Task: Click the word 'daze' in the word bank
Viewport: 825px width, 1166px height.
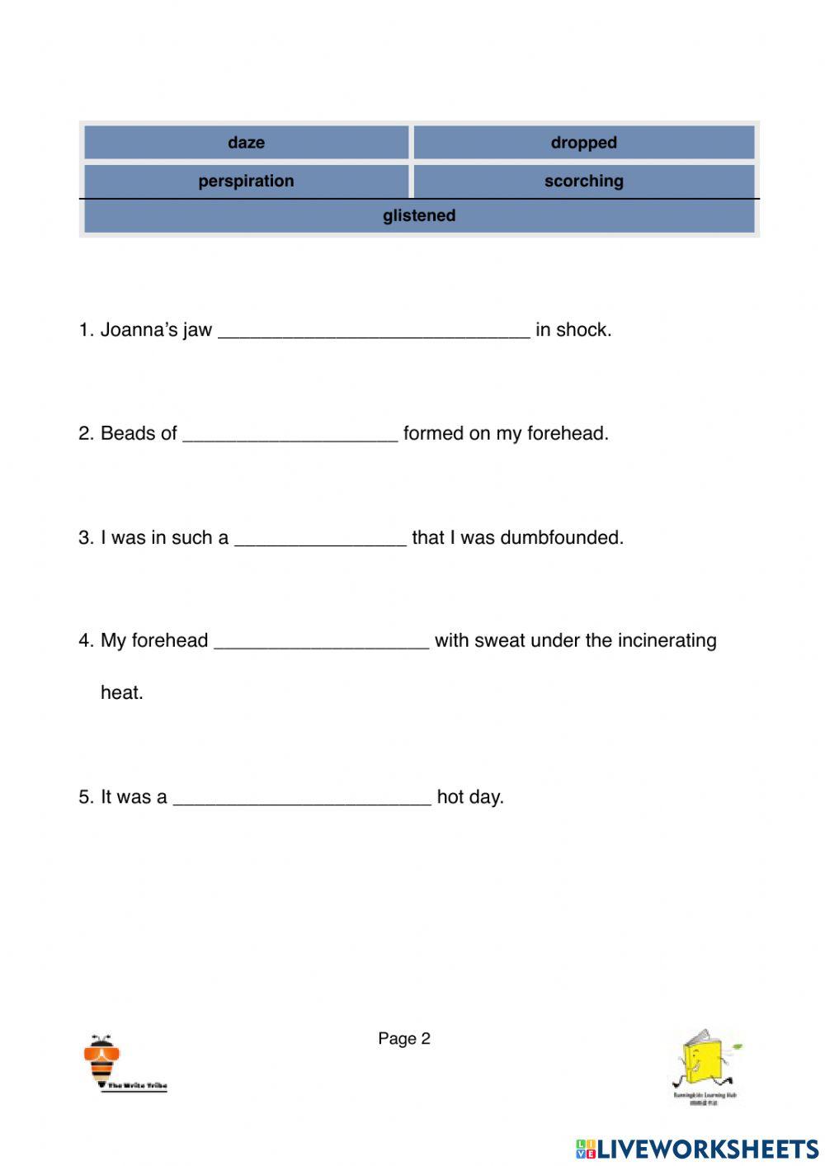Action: (x=246, y=142)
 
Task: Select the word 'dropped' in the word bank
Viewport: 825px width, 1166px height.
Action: (x=583, y=142)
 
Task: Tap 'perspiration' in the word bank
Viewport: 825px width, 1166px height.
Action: (x=246, y=181)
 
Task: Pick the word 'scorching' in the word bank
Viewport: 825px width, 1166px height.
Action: (x=583, y=181)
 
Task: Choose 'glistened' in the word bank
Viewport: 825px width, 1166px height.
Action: (x=419, y=215)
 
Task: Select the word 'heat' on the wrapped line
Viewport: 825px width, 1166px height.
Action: (x=120, y=692)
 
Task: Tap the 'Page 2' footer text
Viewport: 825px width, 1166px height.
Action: (x=404, y=1039)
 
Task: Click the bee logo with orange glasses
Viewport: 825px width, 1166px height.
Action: (x=103, y=1060)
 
